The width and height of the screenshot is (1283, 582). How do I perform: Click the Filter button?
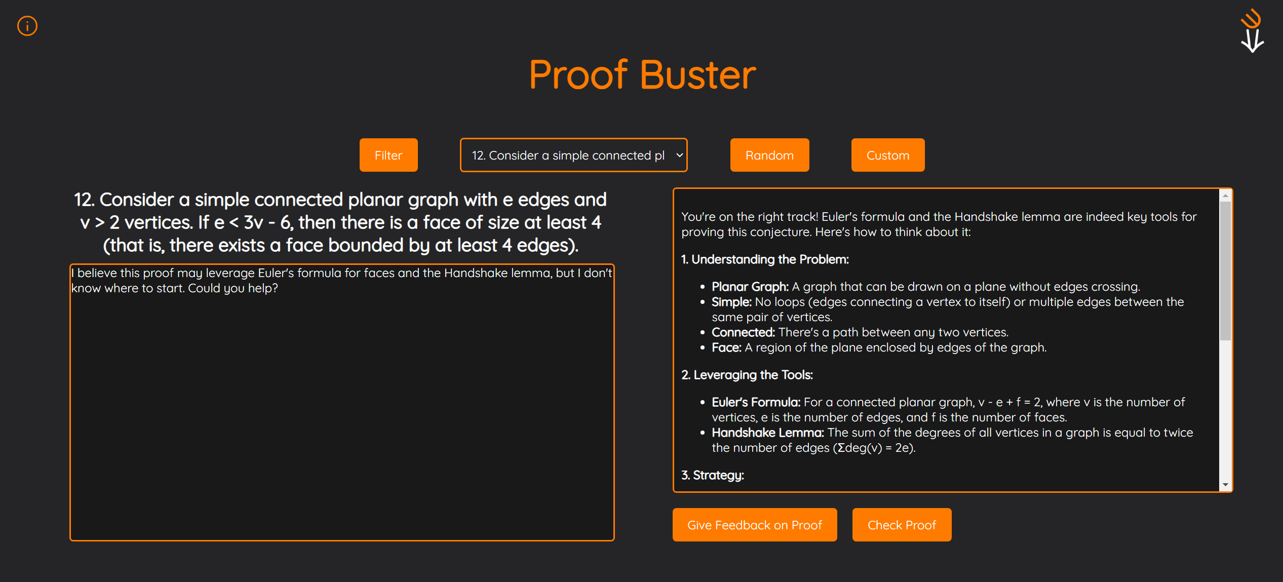click(388, 155)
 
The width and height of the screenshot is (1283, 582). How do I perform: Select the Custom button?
click(888, 155)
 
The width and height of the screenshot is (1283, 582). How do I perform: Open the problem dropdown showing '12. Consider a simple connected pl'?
click(573, 155)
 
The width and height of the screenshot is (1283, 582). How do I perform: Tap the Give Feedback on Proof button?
click(755, 525)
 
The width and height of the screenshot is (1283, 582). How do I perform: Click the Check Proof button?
click(902, 525)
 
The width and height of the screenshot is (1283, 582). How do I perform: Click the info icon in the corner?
click(27, 26)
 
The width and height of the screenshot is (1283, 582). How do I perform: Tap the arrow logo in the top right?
click(1252, 30)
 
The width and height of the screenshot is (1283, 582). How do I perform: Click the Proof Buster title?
click(642, 74)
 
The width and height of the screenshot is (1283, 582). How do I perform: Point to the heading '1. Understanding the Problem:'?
click(765, 259)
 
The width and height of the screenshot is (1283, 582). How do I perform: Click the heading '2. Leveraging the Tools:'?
click(747, 375)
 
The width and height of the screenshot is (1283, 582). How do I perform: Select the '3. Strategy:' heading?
click(713, 475)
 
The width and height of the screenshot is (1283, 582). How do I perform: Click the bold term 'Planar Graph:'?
click(750, 287)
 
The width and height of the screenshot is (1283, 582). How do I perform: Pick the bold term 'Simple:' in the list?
click(731, 302)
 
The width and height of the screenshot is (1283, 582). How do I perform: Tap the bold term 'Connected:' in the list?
click(743, 332)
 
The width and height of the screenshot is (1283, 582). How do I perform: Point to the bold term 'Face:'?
click(726, 347)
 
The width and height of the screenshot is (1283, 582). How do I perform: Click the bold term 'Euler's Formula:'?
click(756, 402)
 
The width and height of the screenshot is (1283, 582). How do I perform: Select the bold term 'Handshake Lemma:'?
click(768, 433)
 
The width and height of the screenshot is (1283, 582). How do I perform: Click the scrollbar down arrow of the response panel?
click(1225, 485)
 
